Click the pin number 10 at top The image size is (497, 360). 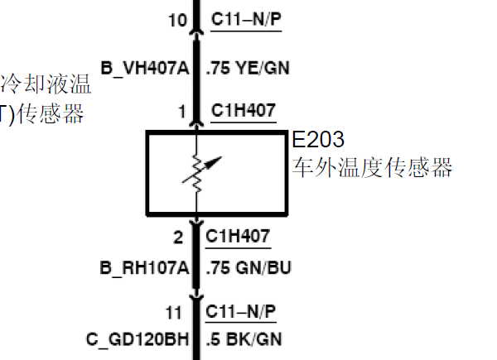point(178,19)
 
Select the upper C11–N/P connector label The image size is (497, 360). point(247,19)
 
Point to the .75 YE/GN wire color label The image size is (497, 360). point(248,68)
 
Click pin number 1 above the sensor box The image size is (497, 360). point(181,110)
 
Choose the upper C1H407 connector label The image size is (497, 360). point(244,110)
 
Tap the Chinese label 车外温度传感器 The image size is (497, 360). point(373,168)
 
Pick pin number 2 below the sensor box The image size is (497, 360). point(178,238)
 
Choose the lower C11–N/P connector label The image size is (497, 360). point(241,312)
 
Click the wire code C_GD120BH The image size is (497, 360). point(138,338)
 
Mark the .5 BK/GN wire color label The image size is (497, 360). point(244,338)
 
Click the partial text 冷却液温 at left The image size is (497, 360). point(46,84)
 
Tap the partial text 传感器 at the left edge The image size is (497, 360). point(50,114)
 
